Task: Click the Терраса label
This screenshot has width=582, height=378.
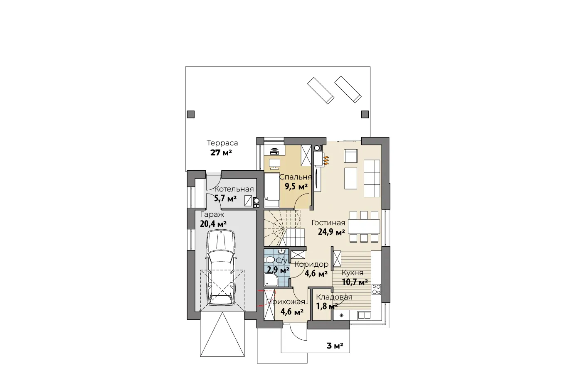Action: point(222,143)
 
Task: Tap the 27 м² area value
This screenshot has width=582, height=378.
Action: point(221,152)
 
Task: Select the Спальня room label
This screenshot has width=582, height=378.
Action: point(295,177)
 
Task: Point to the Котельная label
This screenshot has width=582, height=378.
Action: point(234,189)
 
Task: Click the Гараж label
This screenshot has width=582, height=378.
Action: point(212,215)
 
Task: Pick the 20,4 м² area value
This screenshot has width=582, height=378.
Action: point(213,223)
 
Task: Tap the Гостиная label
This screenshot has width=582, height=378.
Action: point(328,223)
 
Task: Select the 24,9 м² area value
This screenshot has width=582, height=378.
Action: point(332,232)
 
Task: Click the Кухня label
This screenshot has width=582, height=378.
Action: point(353,272)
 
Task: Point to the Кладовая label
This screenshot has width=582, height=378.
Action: point(334,297)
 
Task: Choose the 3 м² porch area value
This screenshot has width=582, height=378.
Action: point(335,346)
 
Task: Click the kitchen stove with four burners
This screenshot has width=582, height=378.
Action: point(377,290)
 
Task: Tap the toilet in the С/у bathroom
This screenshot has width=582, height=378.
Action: point(270,260)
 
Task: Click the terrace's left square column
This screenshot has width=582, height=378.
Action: point(191,114)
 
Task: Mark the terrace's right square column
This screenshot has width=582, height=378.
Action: point(365,114)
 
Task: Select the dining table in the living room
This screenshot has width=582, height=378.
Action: point(364,227)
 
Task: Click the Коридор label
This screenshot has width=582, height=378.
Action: point(311,264)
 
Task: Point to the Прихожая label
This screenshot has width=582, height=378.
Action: point(286,302)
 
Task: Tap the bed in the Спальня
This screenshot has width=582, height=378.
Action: point(271,190)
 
